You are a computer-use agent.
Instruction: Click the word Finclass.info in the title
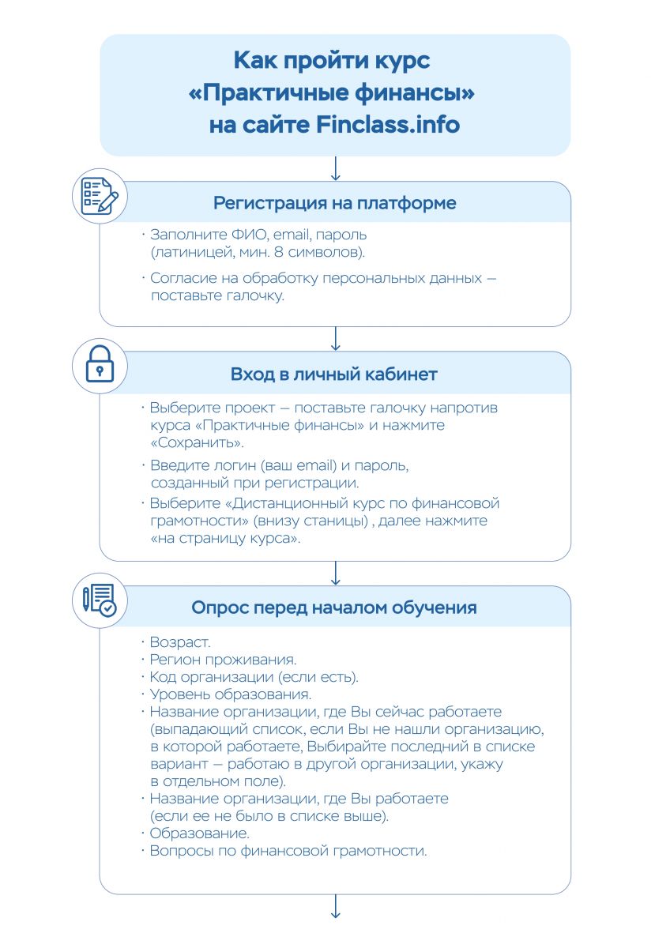click(x=387, y=125)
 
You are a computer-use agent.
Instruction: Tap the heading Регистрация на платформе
click(x=334, y=203)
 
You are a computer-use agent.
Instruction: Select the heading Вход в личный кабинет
click(x=334, y=374)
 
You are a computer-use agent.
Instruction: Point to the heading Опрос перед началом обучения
click(x=334, y=608)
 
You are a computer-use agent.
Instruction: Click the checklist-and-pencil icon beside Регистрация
click(x=100, y=195)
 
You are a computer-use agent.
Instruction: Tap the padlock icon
click(x=100, y=367)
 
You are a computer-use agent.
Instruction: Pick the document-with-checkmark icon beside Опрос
click(x=100, y=600)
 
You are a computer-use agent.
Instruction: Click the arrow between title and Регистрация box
click(x=335, y=168)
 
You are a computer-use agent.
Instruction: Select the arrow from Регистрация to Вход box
click(x=335, y=338)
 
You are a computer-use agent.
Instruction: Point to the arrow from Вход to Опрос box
click(x=335, y=573)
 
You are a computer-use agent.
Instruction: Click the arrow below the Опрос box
click(x=335, y=906)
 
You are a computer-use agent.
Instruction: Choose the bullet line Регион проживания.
click(x=213, y=660)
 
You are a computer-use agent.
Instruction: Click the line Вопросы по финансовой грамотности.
click(x=288, y=851)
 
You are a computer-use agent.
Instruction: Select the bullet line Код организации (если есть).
click(x=254, y=677)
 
